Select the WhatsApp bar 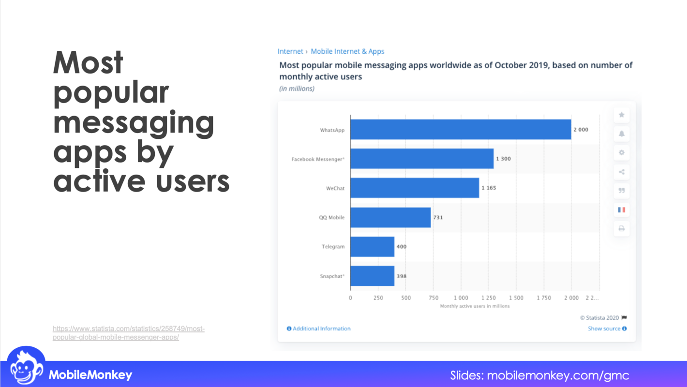pyautogui.click(x=460, y=130)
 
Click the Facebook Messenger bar pyautogui.click(x=421, y=159)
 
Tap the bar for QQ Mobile pyautogui.click(x=390, y=217)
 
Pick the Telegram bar pyautogui.click(x=372, y=247)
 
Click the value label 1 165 pyautogui.click(x=489, y=188)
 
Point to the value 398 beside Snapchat pyautogui.click(x=402, y=276)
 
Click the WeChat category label pyautogui.click(x=335, y=188)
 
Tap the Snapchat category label pyautogui.click(x=332, y=276)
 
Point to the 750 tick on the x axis pyautogui.click(x=433, y=298)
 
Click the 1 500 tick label pyautogui.click(x=516, y=298)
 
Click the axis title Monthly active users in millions pyautogui.click(x=475, y=306)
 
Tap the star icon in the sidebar pyautogui.click(x=622, y=115)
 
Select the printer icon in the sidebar pyautogui.click(x=622, y=228)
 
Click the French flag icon pyautogui.click(x=622, y=209)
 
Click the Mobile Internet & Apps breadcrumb pyautogui.click(x=347, y=51)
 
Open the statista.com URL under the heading pyautogui.click(x=129, y=333)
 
